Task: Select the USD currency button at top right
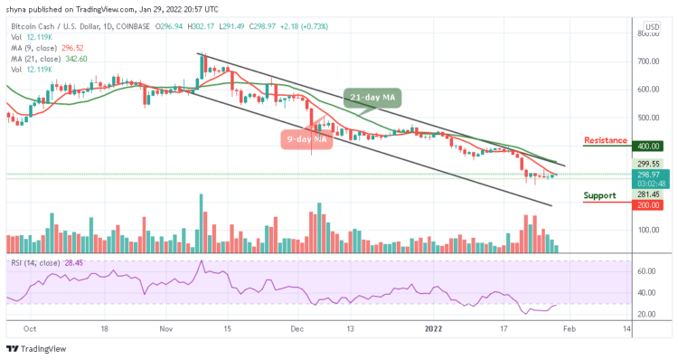click(x=650, y=27)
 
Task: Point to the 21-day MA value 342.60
click(x=74, y=59)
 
